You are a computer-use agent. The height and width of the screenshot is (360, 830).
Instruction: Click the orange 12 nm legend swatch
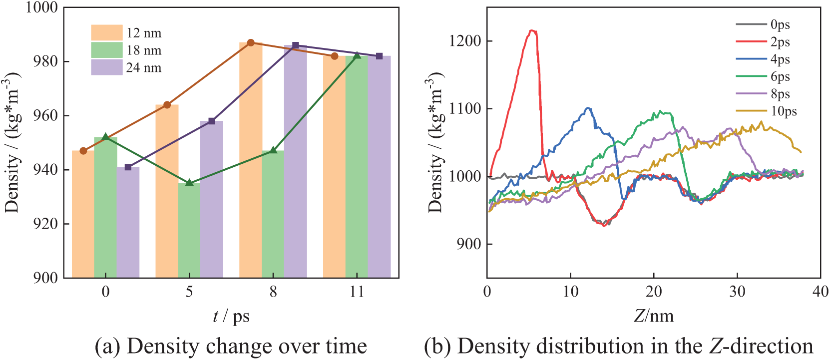[x=106, y=32]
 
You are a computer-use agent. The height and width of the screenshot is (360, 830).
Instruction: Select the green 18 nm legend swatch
[x=106, y=50]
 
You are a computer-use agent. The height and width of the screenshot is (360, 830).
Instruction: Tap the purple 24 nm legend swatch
[x=106, y=67]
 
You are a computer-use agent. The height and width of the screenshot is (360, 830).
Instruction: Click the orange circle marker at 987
[x=251, y=43]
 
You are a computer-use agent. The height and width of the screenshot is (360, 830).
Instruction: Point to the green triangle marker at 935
[x=189, y=183]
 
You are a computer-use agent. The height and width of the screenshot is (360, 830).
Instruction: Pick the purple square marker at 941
[x=128, y=167]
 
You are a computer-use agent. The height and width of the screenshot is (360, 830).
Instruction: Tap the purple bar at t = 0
[x=128, y=222]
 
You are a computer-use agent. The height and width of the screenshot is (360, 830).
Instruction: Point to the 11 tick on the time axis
[x=357, y=292]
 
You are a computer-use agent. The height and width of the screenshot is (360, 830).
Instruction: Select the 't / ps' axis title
[x=231, y=317]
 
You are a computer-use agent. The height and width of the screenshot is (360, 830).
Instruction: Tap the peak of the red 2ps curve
[x=532, y=31]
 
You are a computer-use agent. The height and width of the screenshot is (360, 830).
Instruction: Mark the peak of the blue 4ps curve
[x=589, y=108]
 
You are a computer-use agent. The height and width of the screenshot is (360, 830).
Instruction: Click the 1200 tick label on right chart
[x=465, y=41]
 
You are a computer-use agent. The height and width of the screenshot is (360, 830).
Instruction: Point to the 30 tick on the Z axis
[x=737, y=292]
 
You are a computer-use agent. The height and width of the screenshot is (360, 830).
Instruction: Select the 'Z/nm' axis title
[x=653, y=317]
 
